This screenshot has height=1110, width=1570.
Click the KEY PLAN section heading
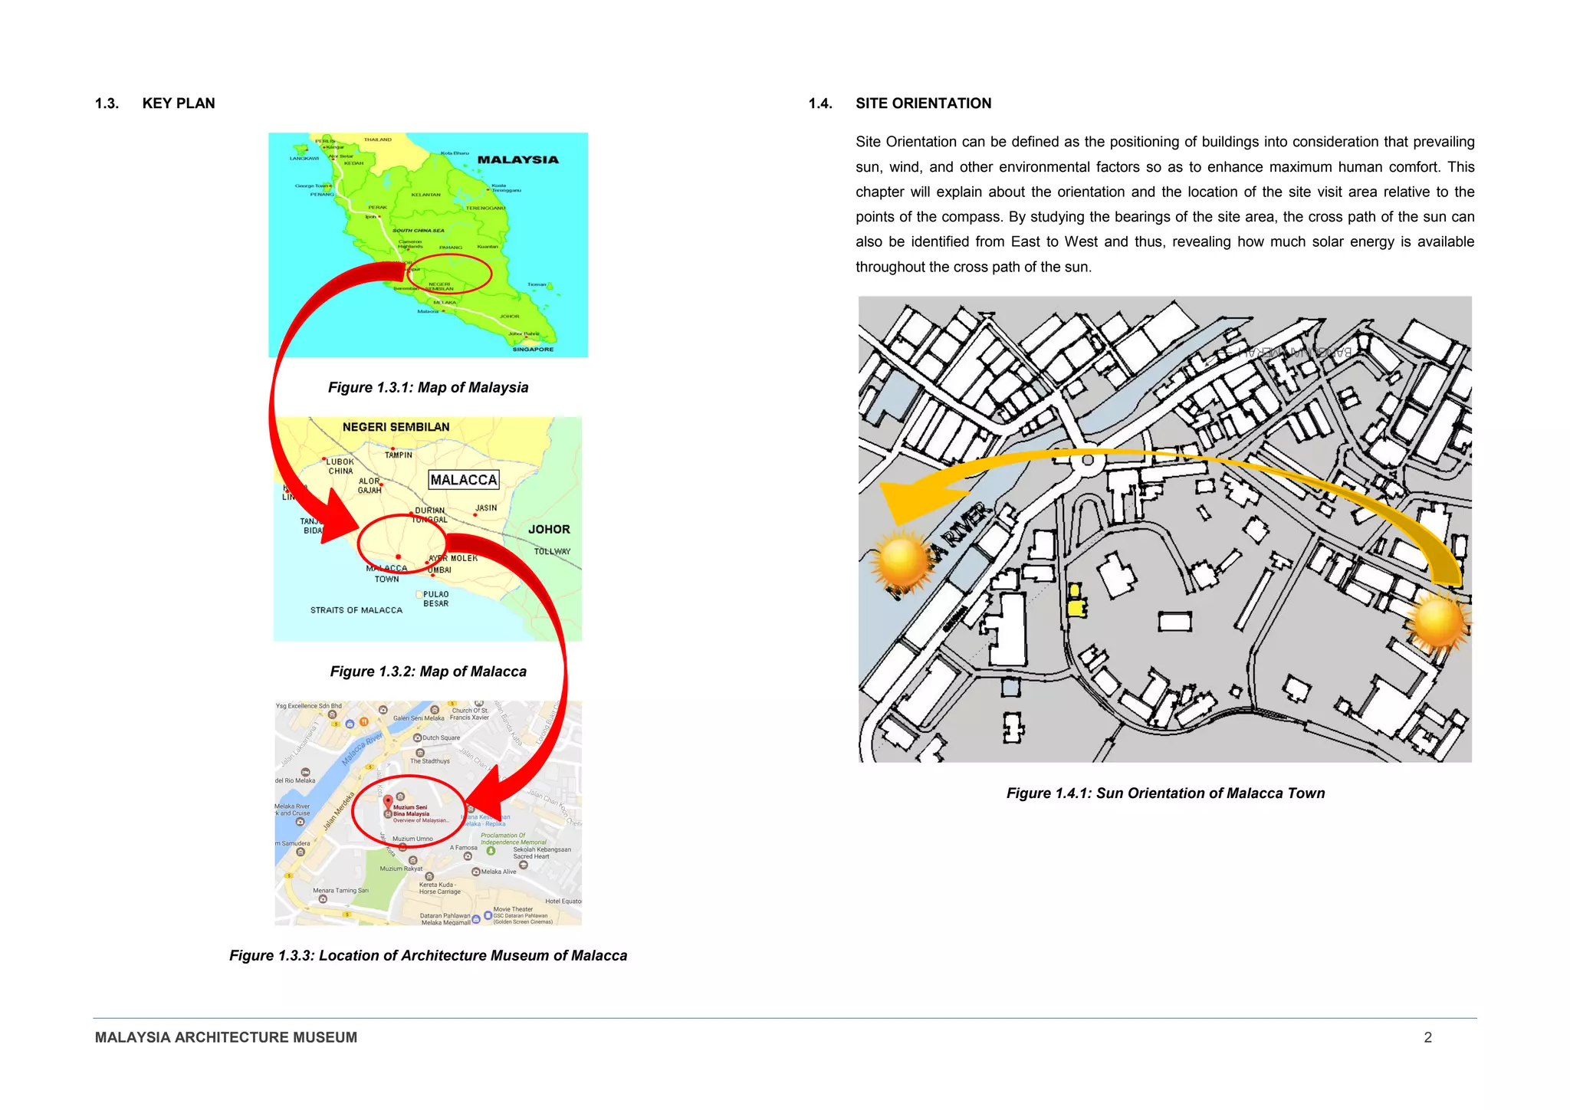[x=178, y=103]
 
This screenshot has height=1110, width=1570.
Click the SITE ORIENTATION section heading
[x=923, y=103]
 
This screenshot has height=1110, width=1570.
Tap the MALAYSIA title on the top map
[x=517, y=159]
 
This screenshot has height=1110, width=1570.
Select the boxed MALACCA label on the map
[x=464, y=480]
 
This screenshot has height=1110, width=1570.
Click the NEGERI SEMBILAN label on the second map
[x=396, y=427]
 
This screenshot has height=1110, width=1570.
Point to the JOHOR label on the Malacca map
[x=549, y=529]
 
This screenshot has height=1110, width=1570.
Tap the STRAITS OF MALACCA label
[x=356, y=610]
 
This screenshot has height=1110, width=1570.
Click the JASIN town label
[x=486, y=507]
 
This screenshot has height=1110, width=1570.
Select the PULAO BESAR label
[x=435, y=599]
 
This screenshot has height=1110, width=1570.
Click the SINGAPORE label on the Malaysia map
[x=533, y=349]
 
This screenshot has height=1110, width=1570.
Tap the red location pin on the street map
[x=389, y=803]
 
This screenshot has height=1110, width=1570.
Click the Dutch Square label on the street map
[x=441, y=737]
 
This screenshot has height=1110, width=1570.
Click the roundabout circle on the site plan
[x=1086, y=461]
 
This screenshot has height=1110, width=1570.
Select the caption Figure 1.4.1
[x=1165, y=793]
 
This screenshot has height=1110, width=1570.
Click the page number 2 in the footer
[x=1427, y=1037]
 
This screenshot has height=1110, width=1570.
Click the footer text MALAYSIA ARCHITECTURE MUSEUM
[x=226, y=1037]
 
